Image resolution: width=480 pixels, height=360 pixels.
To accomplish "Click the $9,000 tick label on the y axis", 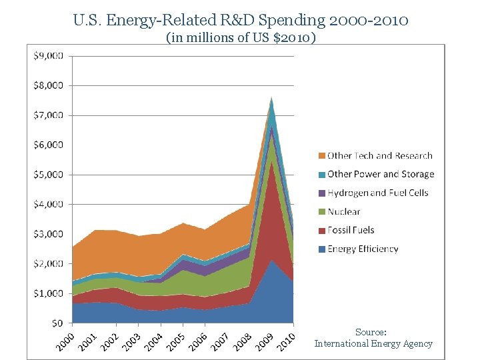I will click(x=48, y=55).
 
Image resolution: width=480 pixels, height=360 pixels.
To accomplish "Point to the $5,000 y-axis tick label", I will click(x=48, y=174).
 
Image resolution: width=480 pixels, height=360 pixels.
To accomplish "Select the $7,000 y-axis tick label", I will click(x=48, y=115).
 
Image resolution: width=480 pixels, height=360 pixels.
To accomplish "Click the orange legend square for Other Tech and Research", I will click(x=321, y=156).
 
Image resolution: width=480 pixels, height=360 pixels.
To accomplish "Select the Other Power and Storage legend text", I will click(x=381, y=174).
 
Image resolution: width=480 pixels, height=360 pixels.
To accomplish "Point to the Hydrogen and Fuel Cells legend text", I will click(x=378, y=193).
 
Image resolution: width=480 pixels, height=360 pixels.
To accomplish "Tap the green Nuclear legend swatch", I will click(x=321, y=212).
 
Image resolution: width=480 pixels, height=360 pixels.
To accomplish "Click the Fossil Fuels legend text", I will click(x=351, y=230).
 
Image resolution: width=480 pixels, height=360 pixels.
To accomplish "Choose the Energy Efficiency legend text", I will click(x=363, y=249).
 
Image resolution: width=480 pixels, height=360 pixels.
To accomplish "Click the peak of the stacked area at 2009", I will click(x=271, y=97).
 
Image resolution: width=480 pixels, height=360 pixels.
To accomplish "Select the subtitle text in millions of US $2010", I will click(x=240, y=38).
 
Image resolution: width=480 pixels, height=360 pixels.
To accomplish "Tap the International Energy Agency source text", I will click(x=373, y=344).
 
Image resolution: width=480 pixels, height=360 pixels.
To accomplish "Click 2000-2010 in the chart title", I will click(x=368, y=20).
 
